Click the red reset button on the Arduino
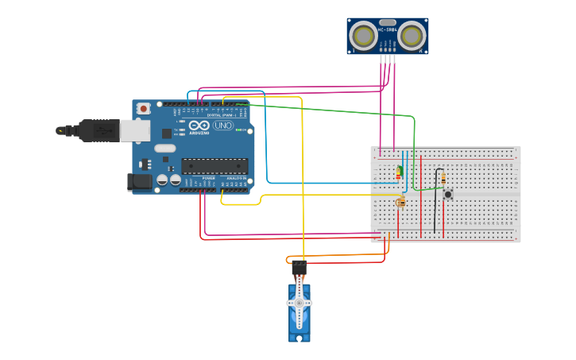pyautogui.click(x=143, y=108)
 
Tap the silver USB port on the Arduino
pyautogui.click(x=134, y=130)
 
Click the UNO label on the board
pyautogui.click(x=223, y=125)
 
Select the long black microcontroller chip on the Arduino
pyautogui.click(x=214, y=166)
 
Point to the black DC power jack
pyautogui.click(x=140, y=182)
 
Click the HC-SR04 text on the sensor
pyautogui.click(x=387, y=30)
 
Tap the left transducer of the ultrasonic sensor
pyautogui.click(x=363, y=36)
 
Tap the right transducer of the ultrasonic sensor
pyautogui.click(x=411, y=36)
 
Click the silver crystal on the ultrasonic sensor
pyautogui.click(x=387, y=22)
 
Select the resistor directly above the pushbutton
pyautogui.click(x=443, y=178)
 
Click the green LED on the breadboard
pyautogui.click(x=400, y=171)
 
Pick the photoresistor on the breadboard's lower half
pyautogui.click(x=401, y=202)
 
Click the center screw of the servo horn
pyautogui.click(x=300, y=303)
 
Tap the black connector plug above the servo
pyautogui.click(x=300, y=269)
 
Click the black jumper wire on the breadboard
pyautogui.click(x=436, y=199)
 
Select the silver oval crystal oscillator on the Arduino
pyautogui.click(x=165, y=148)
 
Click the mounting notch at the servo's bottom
pyautogui.click(x=300, y=338)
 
